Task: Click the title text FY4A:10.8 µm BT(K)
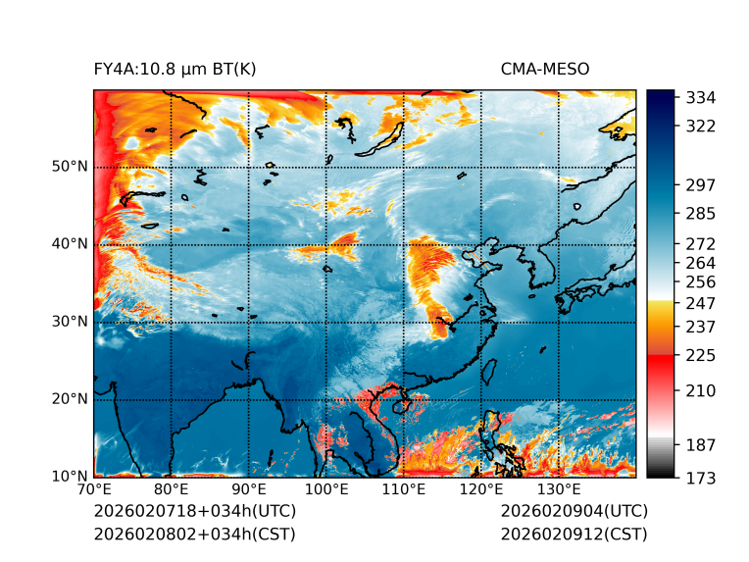(x=175, y=69)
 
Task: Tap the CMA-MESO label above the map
(x=545, y=69)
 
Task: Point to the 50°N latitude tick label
(x=69, y=167)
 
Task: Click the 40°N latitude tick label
(x=69, y=244)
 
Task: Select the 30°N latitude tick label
(x=69, y=322)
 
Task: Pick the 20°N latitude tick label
(x=69, y=399)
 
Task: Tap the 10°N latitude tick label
(x=69, y=477)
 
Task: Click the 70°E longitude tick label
(x=94, y=490)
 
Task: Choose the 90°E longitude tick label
(x=249, y=490)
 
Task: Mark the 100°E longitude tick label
(x=326, y=490)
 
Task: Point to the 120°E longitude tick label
(x=481, y=490)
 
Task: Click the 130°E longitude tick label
(x=559, y=490)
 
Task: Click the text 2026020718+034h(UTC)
(x=194, y=511)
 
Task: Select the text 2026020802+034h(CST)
(x=194, y=534)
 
